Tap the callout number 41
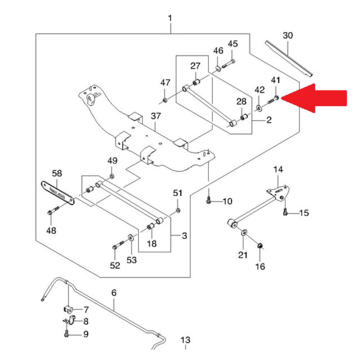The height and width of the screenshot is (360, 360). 275,80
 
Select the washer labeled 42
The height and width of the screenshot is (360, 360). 259,108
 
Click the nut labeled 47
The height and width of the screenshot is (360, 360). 165,100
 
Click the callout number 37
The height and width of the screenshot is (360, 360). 156,116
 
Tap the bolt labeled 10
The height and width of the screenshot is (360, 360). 208,200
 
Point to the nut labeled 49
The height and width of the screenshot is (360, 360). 112,176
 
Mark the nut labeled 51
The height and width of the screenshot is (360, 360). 178,210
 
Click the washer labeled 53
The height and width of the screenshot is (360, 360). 130,238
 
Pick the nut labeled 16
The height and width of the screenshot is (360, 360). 260,246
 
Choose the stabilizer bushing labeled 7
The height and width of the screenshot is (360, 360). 68,309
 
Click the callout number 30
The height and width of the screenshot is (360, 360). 288,35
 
